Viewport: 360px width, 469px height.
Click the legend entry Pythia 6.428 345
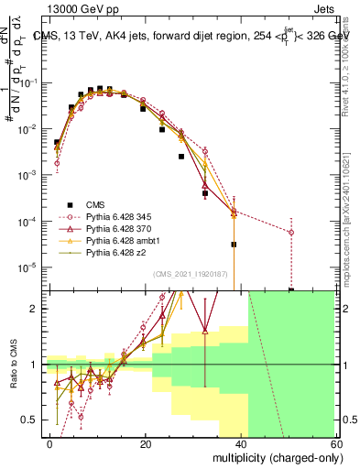(113, 215)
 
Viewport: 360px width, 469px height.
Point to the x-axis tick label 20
(147, 443)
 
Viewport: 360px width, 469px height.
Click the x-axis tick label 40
(242, 443)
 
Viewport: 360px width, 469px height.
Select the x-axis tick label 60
(337, 443)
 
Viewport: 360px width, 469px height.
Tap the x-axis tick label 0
(50, 443)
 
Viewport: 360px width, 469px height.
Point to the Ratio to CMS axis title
(12, 365)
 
